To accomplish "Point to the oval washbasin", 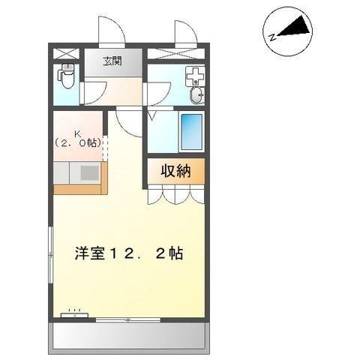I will point(196,94).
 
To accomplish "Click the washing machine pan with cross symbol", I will point(193,76).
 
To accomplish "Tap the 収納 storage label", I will point(175,171).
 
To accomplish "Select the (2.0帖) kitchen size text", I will point(78,141).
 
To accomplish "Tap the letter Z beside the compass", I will point(273,33).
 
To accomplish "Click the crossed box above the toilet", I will point(66,52).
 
